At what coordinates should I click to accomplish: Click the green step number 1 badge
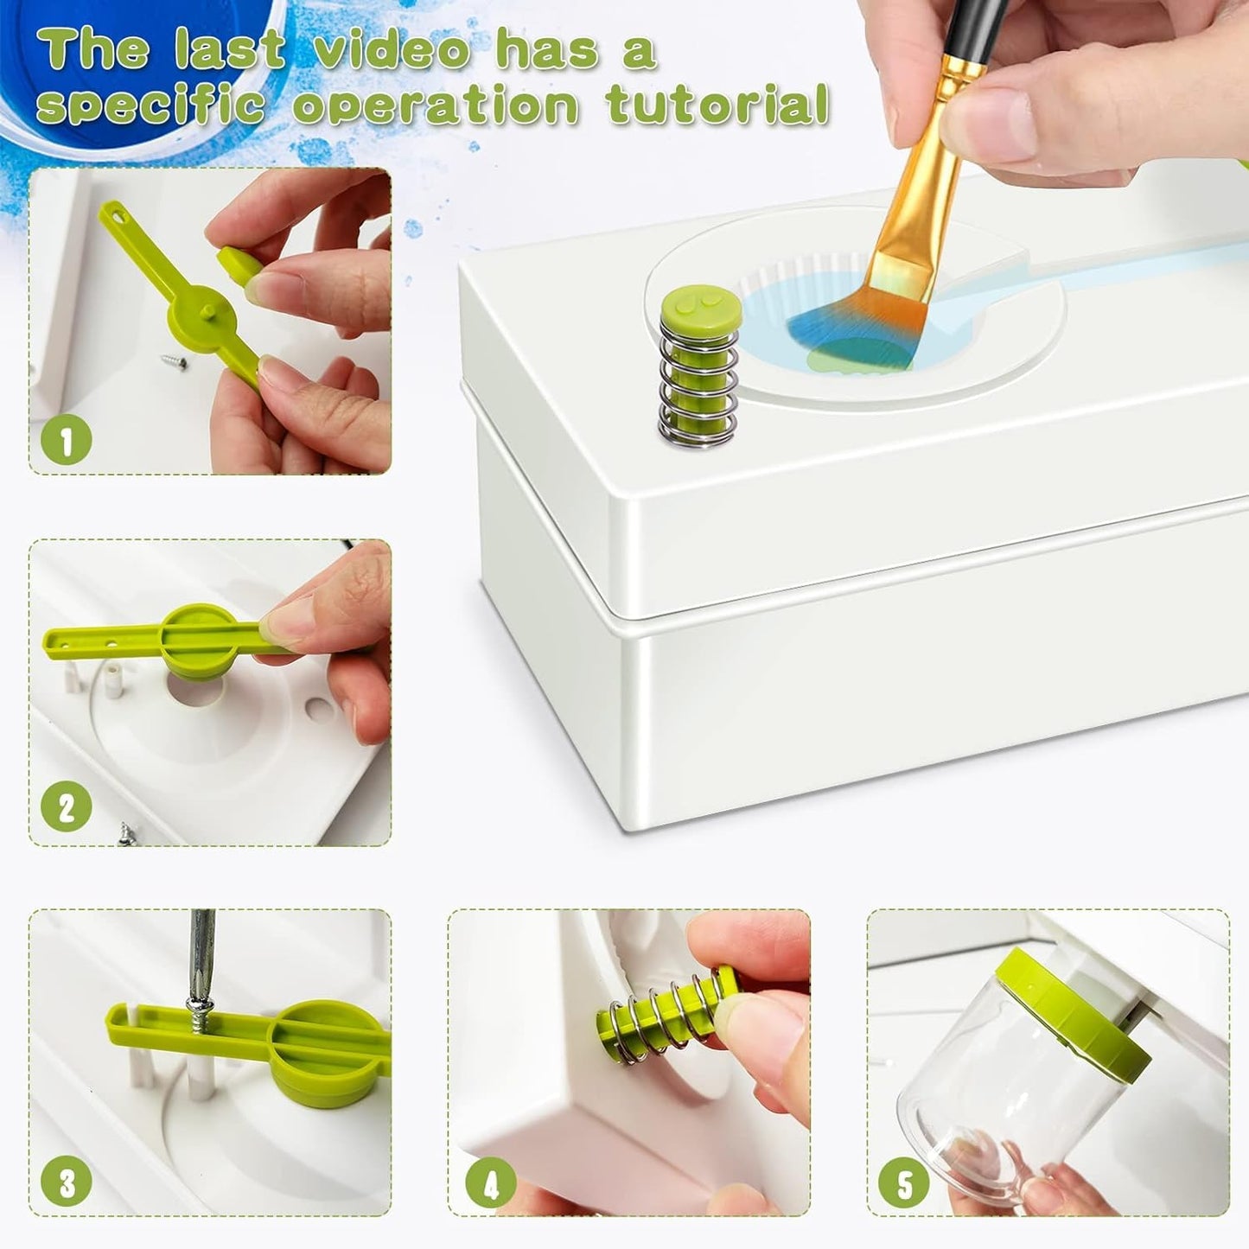pyautogui.click(x=67, y=440)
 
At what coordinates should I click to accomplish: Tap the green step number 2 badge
pyautogui.click(x=67, y=808)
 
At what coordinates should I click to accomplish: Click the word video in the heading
pyautogui.click(x=392, y=50)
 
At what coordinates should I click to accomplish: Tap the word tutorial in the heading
pyautogui.click(x=717, y=105)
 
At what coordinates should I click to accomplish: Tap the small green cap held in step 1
pyautogui.click(x=239, y=263)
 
